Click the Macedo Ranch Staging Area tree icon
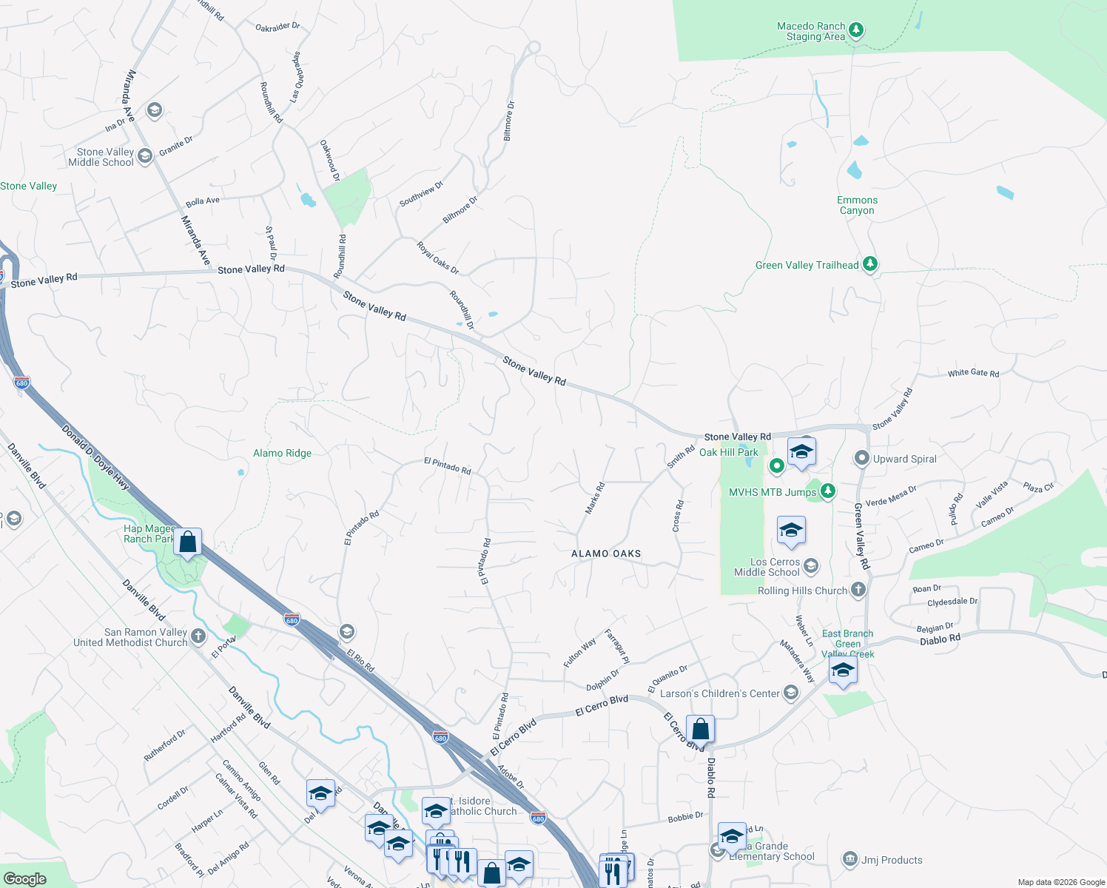856,30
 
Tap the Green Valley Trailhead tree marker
870,264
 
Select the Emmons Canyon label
857,206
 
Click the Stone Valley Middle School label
101,157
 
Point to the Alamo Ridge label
282,453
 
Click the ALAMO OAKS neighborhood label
606,554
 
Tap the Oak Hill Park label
729,452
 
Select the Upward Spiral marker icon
861,459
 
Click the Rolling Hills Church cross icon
858,590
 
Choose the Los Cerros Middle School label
767,567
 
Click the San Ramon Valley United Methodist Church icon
198,636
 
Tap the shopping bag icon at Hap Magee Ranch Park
188,542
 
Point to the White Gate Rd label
973,373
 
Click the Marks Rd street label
595,498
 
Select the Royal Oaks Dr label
438,258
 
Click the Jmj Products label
892,860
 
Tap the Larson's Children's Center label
719,693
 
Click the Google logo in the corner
24,878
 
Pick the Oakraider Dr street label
277,27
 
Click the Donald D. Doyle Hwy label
95,457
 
